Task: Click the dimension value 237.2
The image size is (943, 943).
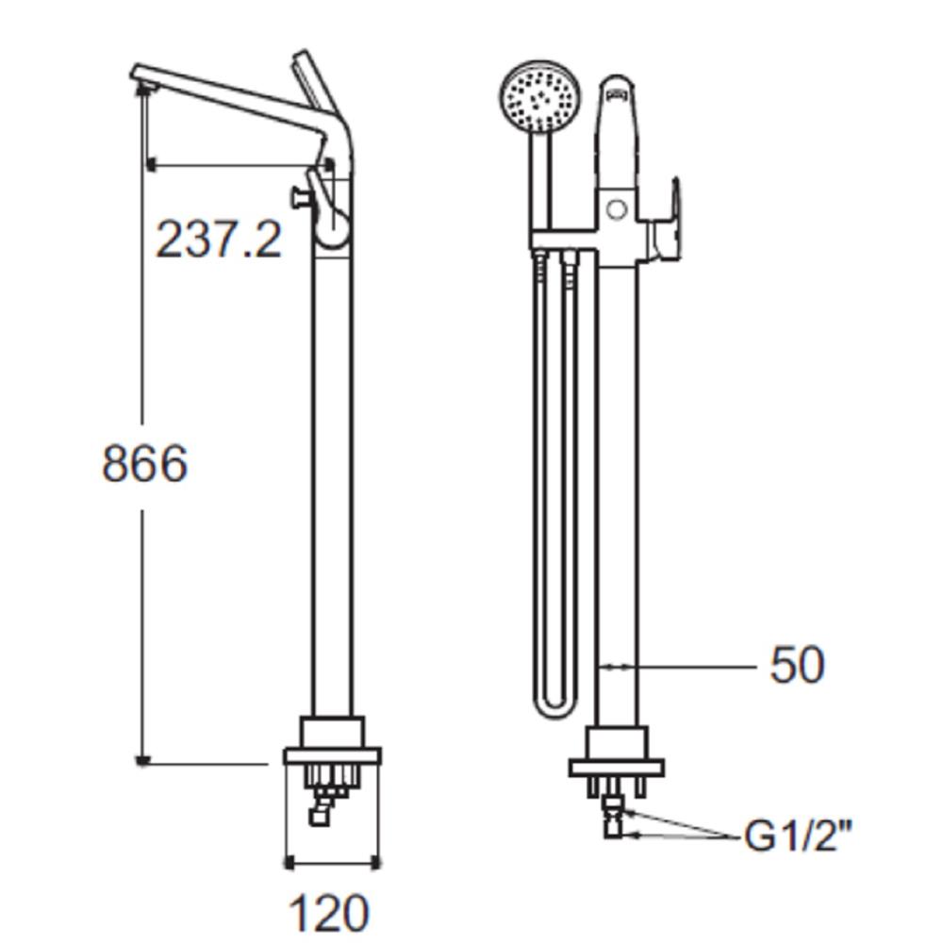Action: pyautogui.click(x=219, y=240)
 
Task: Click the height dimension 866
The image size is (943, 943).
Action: pyautogui.click(x=144, y=464)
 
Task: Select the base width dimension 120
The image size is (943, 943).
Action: pyautogui.click(x=329, y=913)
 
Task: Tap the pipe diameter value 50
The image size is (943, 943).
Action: pyautogui.click(x=797, y=665)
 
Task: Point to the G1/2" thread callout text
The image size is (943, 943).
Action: pyautogui.click(x=798, y=835)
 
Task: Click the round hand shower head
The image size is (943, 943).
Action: pyautogui.click(x=538, y=97)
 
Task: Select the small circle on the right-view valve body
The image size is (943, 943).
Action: pyautogui.click(x=616, y=209)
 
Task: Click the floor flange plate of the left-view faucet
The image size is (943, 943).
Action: pyautogui.click(x=332, y=755)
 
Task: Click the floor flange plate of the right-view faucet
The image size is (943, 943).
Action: pyautogui.click(x=617, y=768)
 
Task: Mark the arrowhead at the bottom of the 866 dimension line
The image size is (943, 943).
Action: pyautogui.click(x=142, y=759)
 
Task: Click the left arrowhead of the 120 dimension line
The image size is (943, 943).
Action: pyautogui.click(x=290, y=862)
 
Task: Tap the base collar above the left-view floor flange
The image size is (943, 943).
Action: pyautogui.click(x=331, y=732)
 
